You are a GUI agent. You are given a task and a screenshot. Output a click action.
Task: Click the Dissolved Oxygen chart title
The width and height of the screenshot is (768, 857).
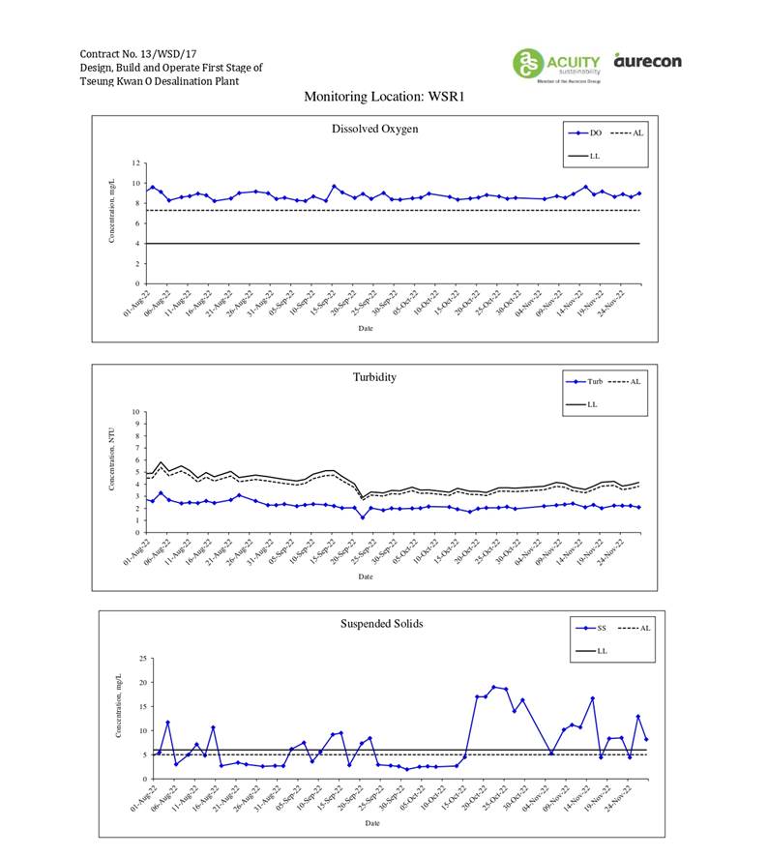click(374, 130)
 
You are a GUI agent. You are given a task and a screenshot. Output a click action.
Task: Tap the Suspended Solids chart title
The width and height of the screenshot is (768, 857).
click(381, 624)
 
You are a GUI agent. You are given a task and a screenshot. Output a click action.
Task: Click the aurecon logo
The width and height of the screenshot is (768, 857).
click(647, 61)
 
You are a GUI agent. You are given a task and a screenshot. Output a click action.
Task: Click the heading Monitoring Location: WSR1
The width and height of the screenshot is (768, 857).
click(385, 97)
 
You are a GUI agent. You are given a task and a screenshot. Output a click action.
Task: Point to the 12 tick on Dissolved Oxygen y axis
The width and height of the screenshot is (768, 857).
click(136, 163)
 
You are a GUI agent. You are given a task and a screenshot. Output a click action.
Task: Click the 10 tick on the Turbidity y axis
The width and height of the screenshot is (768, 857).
click(136, 412)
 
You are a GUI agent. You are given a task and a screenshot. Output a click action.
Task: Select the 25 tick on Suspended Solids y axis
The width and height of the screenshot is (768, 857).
click(143, 659)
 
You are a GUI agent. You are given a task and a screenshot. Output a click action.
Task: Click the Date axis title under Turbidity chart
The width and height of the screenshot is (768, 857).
click(365, 576)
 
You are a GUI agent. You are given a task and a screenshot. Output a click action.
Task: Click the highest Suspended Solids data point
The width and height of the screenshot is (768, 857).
click(494, 687)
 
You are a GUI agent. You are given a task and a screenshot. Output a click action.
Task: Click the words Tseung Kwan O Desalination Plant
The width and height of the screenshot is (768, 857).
click(160, 81)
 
